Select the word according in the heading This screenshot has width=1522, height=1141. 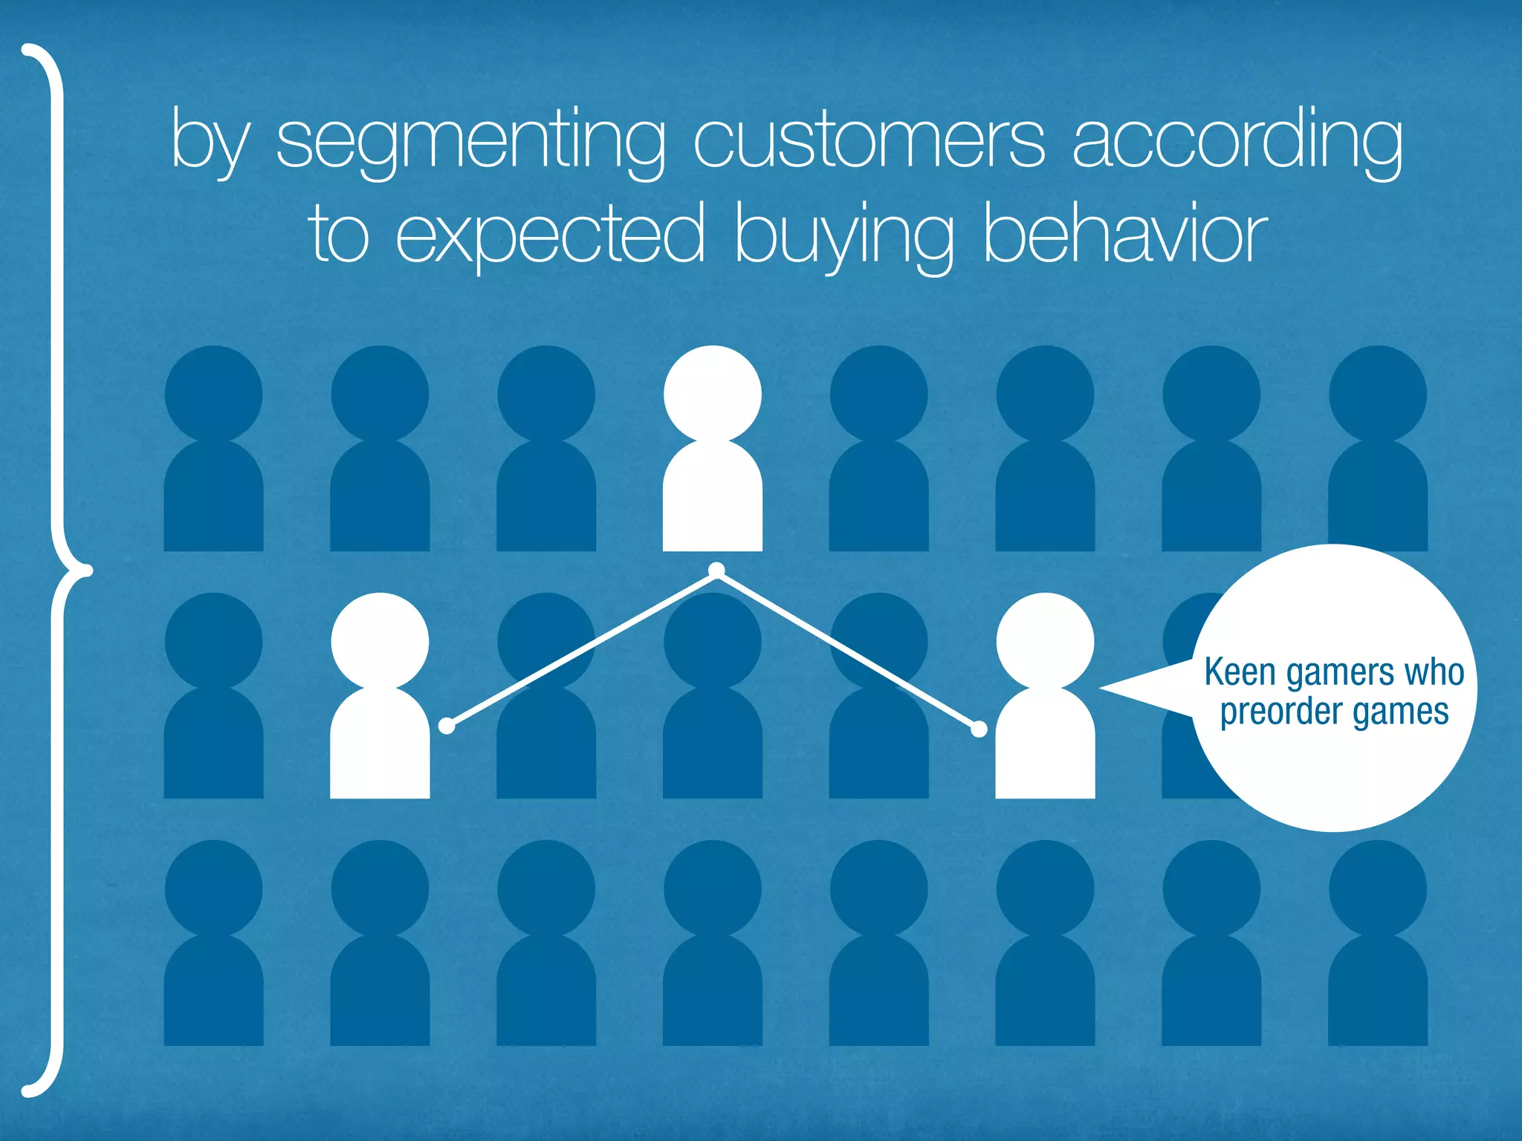click(x=1237, y=141)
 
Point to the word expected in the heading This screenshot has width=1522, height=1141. click(x=550, y=236)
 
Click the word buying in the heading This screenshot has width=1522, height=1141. click(x=844, y=236)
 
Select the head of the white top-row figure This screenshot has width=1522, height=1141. click(x=712, y=394)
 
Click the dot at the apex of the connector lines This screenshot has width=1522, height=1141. click(x=716, y=570)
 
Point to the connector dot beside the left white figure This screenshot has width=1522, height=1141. click(x=447, y=726)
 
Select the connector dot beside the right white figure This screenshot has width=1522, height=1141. click(x=979, y=729)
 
